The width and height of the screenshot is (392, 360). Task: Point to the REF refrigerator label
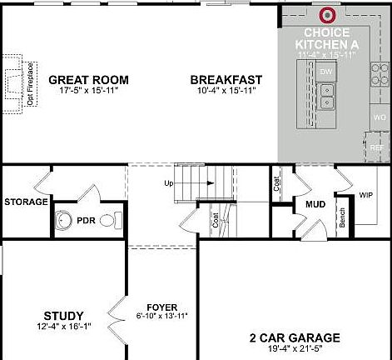click(377, 147)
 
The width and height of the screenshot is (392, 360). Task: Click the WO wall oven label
click(380, 117)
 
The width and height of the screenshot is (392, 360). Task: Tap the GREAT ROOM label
click(81, 80)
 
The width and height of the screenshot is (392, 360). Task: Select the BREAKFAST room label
click(221, 80)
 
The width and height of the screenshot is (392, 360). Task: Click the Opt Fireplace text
click(30, 83)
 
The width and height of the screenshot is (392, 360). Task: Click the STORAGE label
click(26, 202)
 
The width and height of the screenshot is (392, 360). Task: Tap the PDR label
click(87, 221)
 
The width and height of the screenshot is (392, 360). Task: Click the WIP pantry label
click(366, 196)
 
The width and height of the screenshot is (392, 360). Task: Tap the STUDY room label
click(63, 316)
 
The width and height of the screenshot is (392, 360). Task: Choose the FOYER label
click(161, 306)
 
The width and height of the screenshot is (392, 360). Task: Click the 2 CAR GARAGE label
click(294, 337)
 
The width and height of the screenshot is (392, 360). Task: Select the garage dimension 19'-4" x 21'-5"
click(294, 348)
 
